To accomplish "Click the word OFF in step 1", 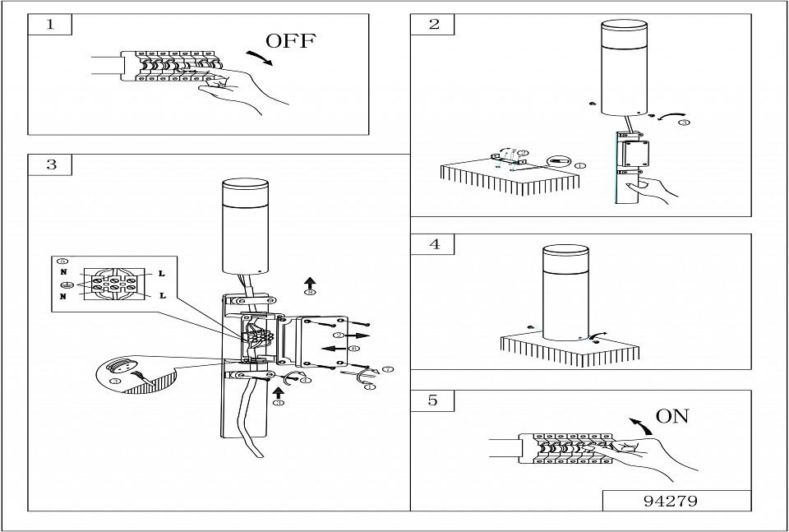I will (x=290, y=41).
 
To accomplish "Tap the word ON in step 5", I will (x=672, y=416).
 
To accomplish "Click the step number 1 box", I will (x=49, y=24).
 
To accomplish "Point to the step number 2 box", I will (x=433, y=24).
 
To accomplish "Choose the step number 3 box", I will (x=51, y=164).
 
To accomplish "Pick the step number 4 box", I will (x=433, y=244).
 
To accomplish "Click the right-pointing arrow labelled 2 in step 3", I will (x=358, y=335).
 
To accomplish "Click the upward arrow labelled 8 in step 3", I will (x=309, y=281).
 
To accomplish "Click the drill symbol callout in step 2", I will (x=561, y=162).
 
